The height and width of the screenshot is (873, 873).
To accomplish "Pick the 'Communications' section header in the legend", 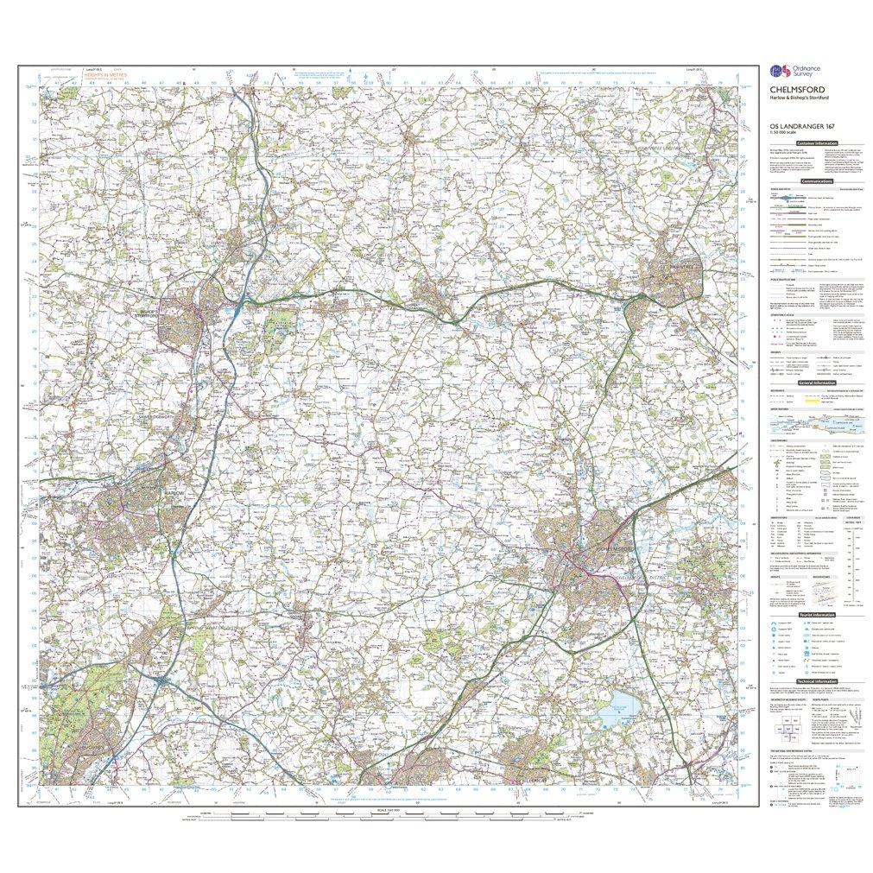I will (816, 182).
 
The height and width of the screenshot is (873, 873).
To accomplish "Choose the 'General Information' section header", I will (817, 383).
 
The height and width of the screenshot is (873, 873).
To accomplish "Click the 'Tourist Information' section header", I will (817, 614).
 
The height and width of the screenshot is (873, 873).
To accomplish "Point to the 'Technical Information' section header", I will (817, 680).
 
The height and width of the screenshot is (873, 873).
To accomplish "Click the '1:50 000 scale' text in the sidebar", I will (781, 132).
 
